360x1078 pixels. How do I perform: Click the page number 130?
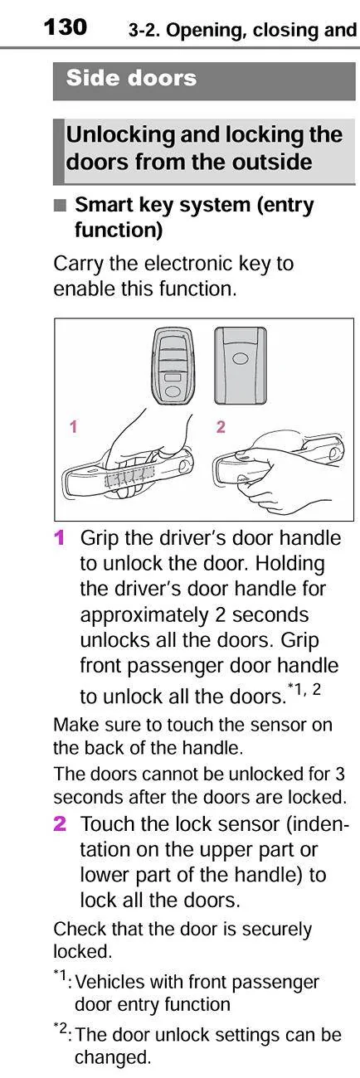point(65,27)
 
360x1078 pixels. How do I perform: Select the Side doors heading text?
point(131,78)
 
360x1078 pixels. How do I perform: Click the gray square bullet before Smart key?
point(60,206)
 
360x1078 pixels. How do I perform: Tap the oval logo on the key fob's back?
point(240,358)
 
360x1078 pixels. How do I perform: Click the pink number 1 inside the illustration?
point(73,426)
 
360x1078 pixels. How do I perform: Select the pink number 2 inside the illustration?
point(221,426)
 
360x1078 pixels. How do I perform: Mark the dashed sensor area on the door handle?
point(129,478)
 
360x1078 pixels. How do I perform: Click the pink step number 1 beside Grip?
point(59,537)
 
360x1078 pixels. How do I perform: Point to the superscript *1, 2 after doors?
point(304,689)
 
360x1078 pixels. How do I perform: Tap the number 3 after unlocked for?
point(340,774)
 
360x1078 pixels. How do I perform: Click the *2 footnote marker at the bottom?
point(61,1028)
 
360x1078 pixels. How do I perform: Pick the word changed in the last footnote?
point(113,1057)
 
